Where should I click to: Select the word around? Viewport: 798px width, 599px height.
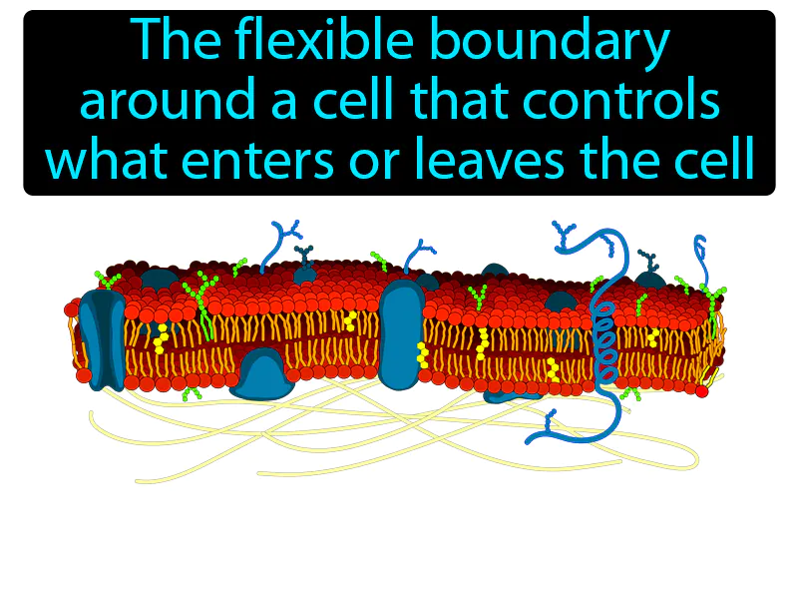click(168, 102)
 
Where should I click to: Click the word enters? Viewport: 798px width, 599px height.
click(257, 161)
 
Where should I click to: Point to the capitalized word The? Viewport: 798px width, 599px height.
click(179, 41)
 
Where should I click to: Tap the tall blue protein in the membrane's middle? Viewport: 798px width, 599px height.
click(402, 334)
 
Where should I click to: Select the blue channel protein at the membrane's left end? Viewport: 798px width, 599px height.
click(103, 339)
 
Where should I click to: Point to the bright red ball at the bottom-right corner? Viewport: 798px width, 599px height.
click(702, 391)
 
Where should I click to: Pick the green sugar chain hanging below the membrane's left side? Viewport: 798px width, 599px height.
click(192, 393)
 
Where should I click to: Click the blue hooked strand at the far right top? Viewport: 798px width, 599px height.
click(702, 258)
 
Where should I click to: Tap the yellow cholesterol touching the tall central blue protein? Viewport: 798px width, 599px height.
click(422, 355)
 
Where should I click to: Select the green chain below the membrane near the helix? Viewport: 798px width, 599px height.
click(631, 393)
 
